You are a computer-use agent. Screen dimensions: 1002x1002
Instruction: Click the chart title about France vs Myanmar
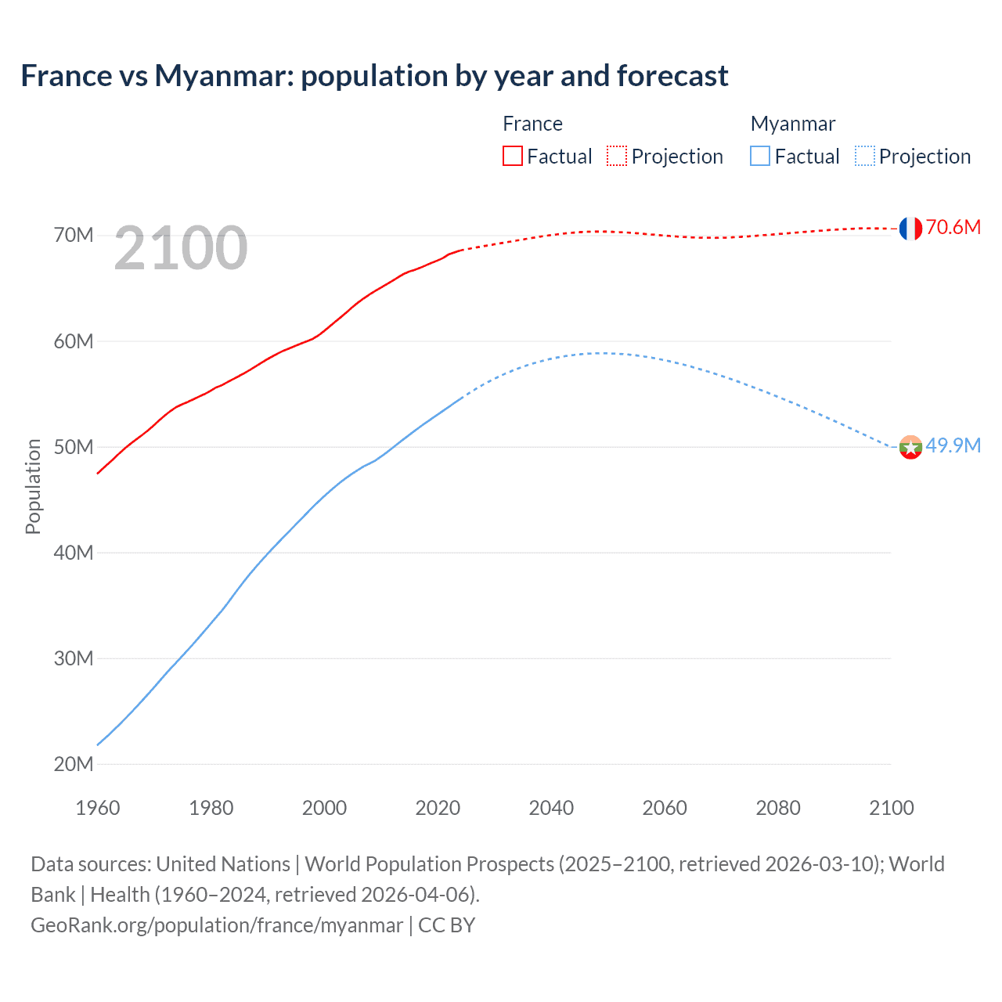click(x=374, y=76)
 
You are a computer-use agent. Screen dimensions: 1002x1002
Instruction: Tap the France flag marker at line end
click(x=910, y=229)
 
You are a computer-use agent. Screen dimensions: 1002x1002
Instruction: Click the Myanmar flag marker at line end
click(x=910, y=448)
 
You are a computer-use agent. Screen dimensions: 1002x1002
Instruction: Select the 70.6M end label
click(x=953, y=228)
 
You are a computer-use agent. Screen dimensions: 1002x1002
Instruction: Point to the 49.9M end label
click(x=953, y=446)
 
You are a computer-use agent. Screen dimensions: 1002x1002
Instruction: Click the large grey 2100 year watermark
click(x=181, y=249)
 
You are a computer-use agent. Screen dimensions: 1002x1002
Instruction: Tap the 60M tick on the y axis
click(x=74, y=341)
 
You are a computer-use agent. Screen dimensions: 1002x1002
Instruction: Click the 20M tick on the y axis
click(x=74, y=764)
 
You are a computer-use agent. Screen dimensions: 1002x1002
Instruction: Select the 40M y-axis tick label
click(x=74, y=553)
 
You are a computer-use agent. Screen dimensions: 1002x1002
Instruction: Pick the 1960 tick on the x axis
click(x=98, y=808)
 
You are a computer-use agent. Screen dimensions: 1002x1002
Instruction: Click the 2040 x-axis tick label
click(x=551, y=808)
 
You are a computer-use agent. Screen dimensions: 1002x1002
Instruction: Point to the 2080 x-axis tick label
click(x=778, y=808)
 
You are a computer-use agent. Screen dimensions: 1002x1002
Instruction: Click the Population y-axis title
click(x=33, y=486)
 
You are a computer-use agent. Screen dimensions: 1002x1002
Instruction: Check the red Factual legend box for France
click(x=513, y=156)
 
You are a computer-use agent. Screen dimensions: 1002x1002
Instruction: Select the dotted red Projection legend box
click(x=617, y=156)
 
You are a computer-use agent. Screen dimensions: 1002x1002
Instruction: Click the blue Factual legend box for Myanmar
click(x=760, y=156)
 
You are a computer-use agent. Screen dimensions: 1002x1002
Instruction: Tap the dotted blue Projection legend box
click(x=865, y=156)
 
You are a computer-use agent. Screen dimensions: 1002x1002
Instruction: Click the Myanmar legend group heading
click(x=793, y=124)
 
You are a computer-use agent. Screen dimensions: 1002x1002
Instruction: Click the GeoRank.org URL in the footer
click(x=217, y=925)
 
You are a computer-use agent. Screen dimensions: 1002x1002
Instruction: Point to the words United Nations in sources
click(x=223, y=864)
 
